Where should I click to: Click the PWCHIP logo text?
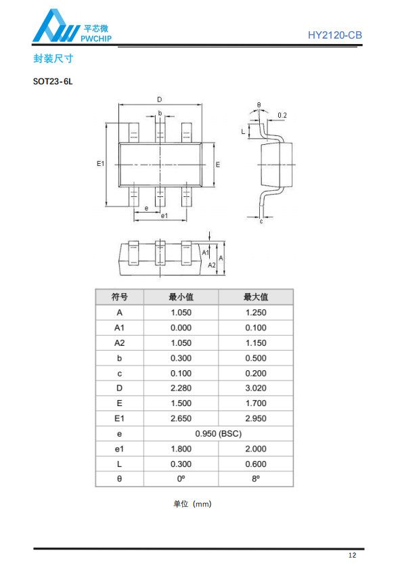point(96,39)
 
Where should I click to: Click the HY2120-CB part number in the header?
point(334,35)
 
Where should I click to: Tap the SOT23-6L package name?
point(53,81)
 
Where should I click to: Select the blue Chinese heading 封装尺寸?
point(53,58)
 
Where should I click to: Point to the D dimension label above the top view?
point(160,99)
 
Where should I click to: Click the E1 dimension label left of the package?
point(100,164)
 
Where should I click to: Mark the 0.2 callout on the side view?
point(282,115)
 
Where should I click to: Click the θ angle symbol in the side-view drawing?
point(259,105)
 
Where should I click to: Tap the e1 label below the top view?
point(164,216)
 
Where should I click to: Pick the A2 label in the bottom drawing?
point(212,265)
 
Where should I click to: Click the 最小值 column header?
point(181,297)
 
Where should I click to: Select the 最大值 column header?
point(256,297)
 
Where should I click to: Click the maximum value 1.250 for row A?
point(256,313)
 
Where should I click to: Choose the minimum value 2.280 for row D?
point(181,389)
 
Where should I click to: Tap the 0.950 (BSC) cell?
point(219,434)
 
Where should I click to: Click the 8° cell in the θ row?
point(256,479)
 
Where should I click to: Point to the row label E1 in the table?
point(119,418)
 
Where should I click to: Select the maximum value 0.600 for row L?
point(256,464)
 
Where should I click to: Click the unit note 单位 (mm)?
point(192,504)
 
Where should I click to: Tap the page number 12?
point(352,556)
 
